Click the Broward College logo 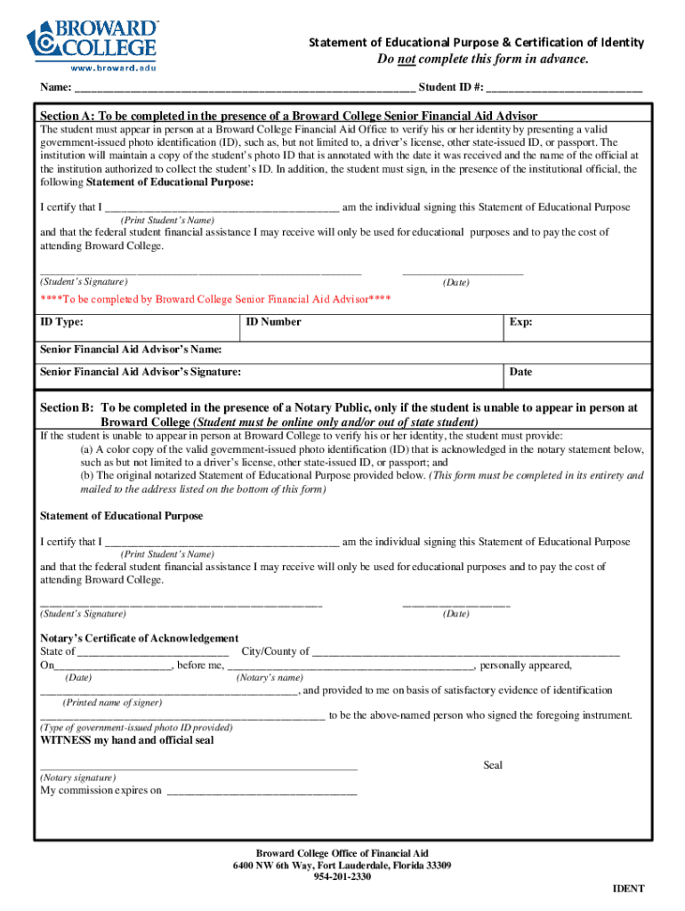pos(93,39)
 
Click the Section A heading pos(288,116)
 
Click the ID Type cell pos(139,327)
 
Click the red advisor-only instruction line pos(215,299)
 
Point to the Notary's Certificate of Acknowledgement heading pos(140,638)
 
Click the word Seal pos(493,765)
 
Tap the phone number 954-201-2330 pos(342,877)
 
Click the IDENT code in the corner pos(628,889)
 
